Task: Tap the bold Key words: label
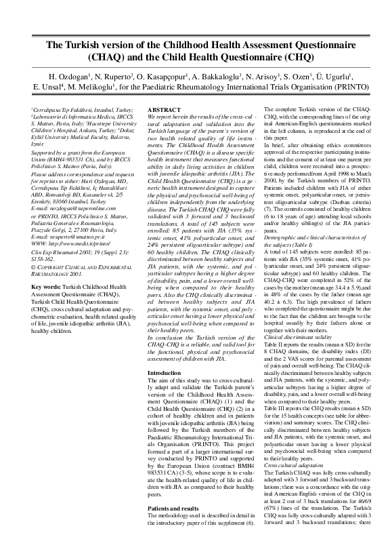(x=49, y=286)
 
